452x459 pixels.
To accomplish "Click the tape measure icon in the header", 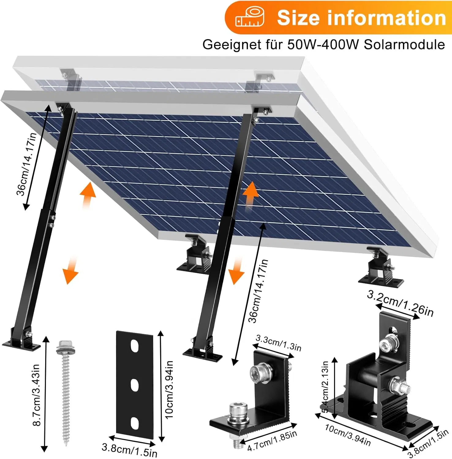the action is click(250, 18).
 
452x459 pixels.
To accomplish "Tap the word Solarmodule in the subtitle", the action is click(404, 45).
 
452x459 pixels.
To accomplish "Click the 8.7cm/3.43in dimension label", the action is click(37, 395).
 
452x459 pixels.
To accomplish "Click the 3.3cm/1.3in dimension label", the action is click(278, 343).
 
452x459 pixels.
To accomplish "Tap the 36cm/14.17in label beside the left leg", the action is click(27, 164).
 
